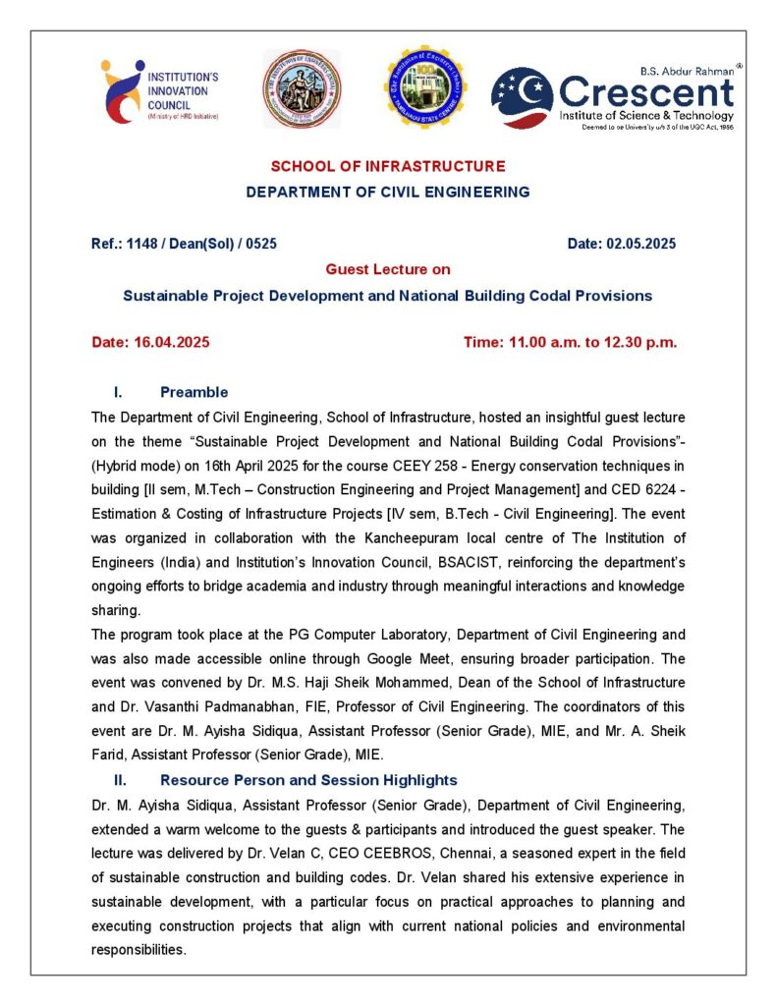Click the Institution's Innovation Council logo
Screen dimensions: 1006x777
pyautogui.click(x=159, y=91)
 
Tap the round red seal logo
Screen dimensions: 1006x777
pyautogui.click(x=302, y=89)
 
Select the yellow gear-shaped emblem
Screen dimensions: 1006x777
pyautogui.click(x=425, y=87)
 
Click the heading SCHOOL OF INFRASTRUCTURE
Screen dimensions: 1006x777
pyautogui.click(x=388, y=166)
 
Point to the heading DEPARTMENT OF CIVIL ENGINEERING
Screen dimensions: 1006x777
pyautogui.click(x=388, y=192)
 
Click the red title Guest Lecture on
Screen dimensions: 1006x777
pyautogui.click(x=388, y=269)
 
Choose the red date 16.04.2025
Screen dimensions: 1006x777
pyautogui.click(x=171, y=342)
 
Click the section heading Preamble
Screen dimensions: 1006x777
pyautogui.click(x=194, y=392)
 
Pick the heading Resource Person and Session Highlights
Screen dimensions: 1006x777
pyautogui.click(x=308, y=780)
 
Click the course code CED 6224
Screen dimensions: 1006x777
pyautogui.click(x=643, y=489)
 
